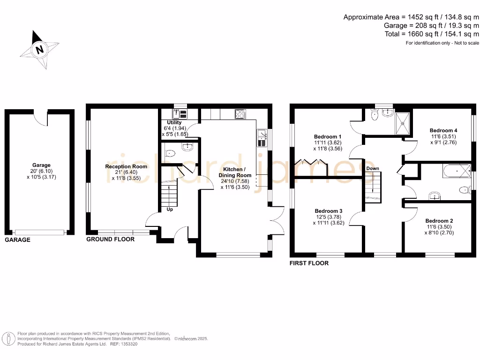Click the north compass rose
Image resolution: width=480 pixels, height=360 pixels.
[40, 49]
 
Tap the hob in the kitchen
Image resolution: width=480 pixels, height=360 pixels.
[240, 114]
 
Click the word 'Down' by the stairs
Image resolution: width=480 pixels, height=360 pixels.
[373, 168]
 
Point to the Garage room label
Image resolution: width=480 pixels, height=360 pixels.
[41, 165]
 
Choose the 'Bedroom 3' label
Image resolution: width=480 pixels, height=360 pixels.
[328, 211]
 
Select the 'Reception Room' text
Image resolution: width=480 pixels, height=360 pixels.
[126, 166]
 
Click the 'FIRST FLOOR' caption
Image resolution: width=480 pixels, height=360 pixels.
[309, 263]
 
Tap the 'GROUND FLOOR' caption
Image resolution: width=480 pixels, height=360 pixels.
[110, 240]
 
